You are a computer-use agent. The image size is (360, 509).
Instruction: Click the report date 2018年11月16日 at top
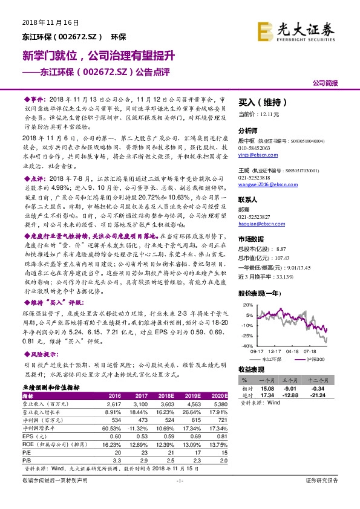46,22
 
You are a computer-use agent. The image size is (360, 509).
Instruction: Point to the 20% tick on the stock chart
247,306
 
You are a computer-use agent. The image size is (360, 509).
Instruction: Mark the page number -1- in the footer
179,497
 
